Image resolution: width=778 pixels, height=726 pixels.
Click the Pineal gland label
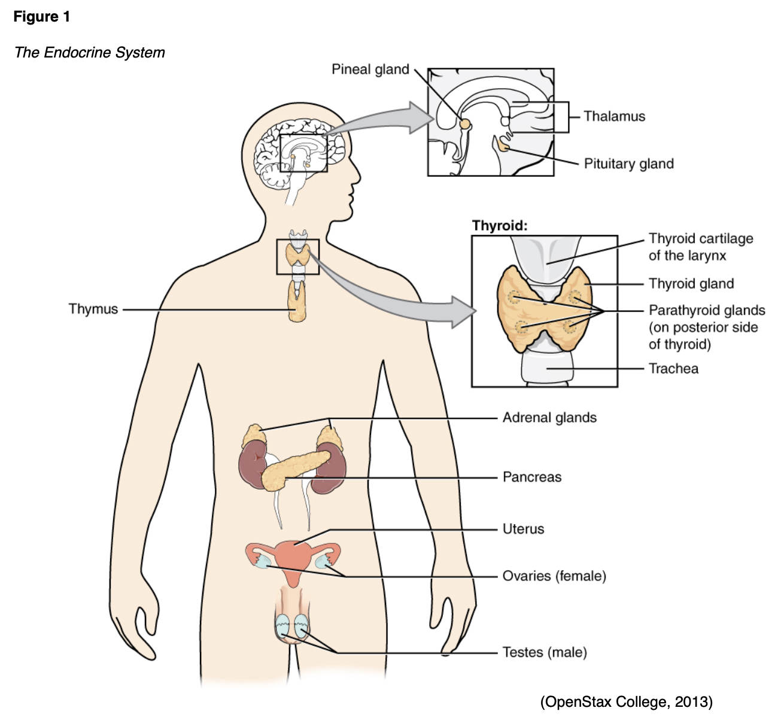pos(370,69)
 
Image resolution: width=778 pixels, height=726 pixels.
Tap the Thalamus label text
pos(614,116)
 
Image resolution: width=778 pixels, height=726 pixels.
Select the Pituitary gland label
pos(628,164)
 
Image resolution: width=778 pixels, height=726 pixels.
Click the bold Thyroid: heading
pos(500,226)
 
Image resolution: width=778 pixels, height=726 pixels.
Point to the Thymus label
pos(93,309)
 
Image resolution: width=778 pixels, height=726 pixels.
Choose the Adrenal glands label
pos(549,418)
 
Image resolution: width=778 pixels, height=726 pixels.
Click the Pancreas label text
pos(532,477)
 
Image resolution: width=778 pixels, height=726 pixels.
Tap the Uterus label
pos(523,529)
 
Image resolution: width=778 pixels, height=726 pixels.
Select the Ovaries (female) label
pos(554,576)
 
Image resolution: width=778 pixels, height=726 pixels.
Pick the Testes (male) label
pos(545,652)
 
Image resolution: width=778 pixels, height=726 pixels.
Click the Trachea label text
pos(673,368)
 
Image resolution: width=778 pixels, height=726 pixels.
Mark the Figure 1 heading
pos(42,17)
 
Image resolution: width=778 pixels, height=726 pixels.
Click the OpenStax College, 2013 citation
pos(626,701)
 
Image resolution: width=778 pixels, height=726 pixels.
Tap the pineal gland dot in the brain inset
pos(465,124)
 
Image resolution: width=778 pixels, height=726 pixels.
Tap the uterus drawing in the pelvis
pos(293,557)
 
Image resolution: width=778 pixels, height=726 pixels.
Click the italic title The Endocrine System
pos(90,53)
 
